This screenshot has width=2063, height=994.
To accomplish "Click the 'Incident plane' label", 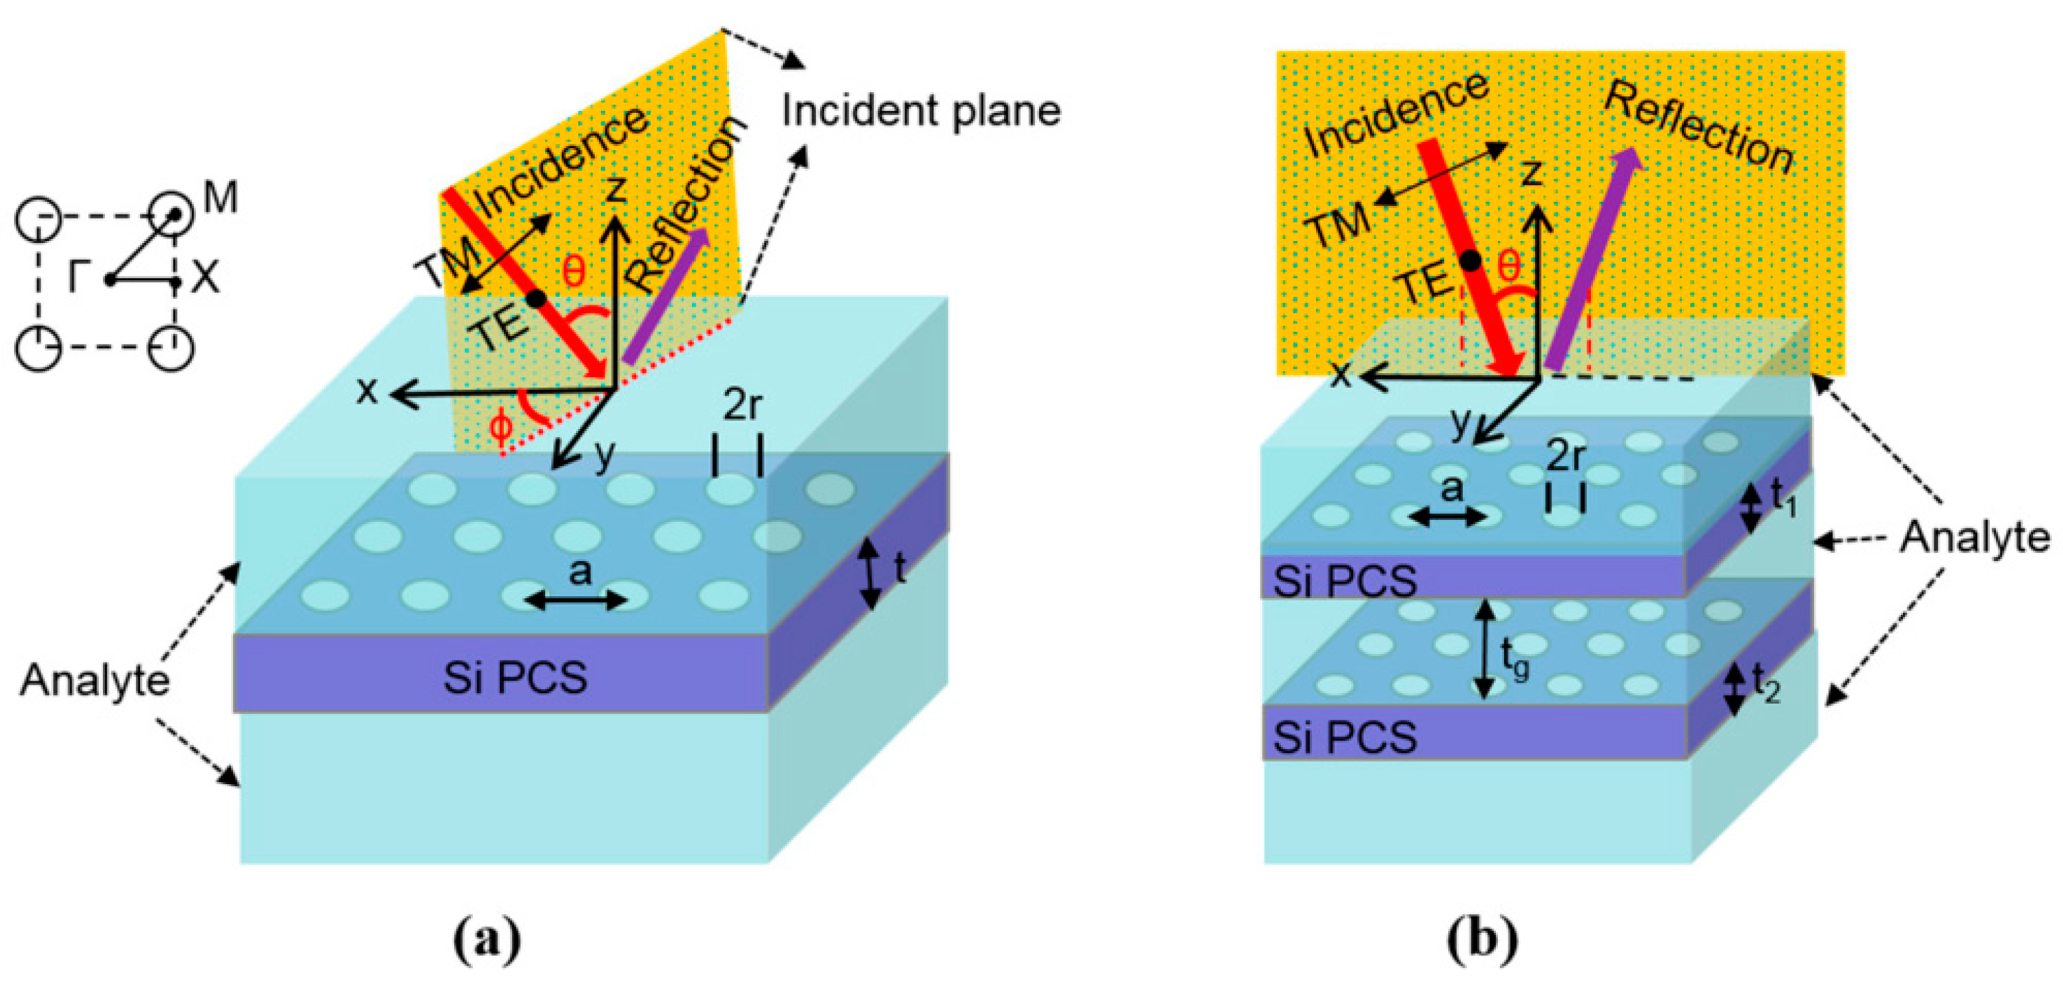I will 921,110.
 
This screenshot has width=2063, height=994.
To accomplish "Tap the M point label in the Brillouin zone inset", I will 220,197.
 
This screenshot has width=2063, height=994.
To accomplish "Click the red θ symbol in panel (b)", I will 1509,267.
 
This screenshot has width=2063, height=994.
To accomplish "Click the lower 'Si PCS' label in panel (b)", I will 1345,737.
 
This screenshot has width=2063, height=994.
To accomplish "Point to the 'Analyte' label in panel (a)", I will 94,681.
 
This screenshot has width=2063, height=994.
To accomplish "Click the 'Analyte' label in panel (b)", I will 1975,537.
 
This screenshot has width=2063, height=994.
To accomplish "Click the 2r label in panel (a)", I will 742,407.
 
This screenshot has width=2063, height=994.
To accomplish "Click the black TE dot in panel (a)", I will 536,299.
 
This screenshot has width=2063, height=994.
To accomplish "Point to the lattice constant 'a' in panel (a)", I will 579,572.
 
